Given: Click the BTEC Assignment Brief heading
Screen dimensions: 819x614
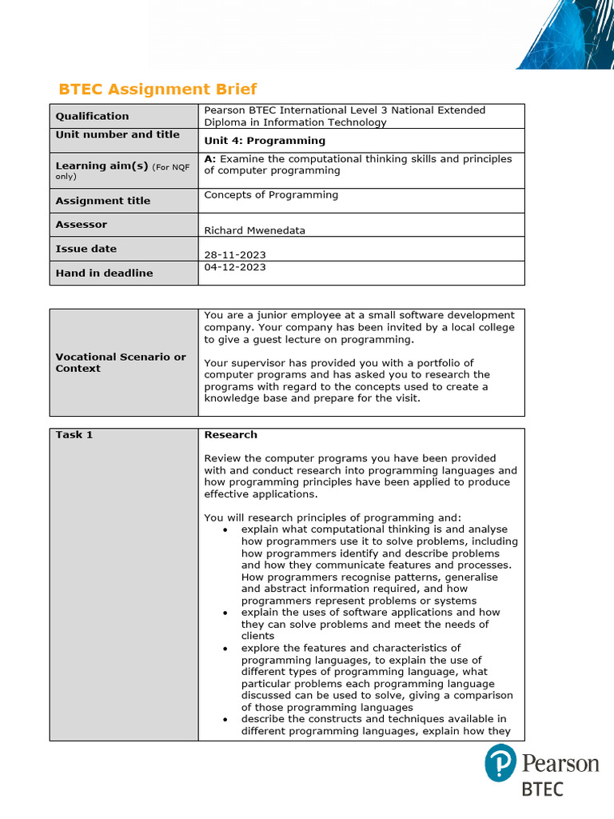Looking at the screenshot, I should pyautogui.click(x=158, y=89).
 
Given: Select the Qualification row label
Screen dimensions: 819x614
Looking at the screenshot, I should pyautogui.click(x=92, y=116).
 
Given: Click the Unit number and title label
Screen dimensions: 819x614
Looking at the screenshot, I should pyautogui.click(x=118, y=134).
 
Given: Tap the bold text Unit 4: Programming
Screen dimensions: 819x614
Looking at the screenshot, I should pyautogui.click(x=265, y=141).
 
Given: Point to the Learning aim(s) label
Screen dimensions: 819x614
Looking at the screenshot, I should pyautogui.click(x=102, y=166).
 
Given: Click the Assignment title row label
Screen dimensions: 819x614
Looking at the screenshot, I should pyautogui.click(x=102, y=201).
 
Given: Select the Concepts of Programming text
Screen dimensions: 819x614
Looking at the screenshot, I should pyautogui.click(x=271, y=195).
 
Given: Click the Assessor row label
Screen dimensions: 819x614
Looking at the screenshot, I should pyautogui.click(x=81, y=225).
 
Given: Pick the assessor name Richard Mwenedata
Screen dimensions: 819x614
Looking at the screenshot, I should pyautogui.click(x=254, y=230).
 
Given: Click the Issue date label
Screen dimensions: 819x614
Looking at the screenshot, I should pyautogui.click(x=86, y=249).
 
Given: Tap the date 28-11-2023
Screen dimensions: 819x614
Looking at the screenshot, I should pyautogui.click(x=235, y=254).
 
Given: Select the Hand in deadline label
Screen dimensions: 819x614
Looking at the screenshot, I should pyautogui.click(x=104, y=273).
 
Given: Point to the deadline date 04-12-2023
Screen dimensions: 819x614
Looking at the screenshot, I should pyautogui.click(x=235, y=267).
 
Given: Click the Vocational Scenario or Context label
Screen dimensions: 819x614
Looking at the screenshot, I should pyautogui.click(x=120, y=362).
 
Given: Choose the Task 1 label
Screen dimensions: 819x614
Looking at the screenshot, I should pyautogui.click(x=74, y=435).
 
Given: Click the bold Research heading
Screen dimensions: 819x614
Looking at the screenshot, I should pyautogui.click(x=230, y=435).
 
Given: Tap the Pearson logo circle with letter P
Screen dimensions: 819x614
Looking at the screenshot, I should pyautogui.click(x=500, y=763).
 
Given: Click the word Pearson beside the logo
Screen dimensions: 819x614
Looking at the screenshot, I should pyautogui.click(x=560, y=762).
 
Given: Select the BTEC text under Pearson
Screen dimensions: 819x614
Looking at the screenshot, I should pyautogui.click(x=542, y=789).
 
